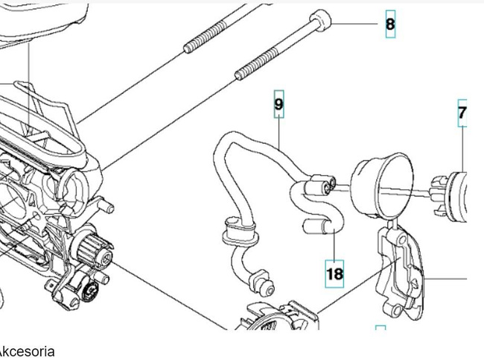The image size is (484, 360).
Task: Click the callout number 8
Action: click(x=390, y=25)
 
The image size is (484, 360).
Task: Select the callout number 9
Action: click(x=278, y=104)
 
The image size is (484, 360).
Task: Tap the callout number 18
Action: click(x=335, y=274)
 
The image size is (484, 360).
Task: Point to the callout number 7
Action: click(x=462, y=113)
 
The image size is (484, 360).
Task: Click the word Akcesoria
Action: click(x=27, y=350)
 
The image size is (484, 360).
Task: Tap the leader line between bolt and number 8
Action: click(x=355, y=24)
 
